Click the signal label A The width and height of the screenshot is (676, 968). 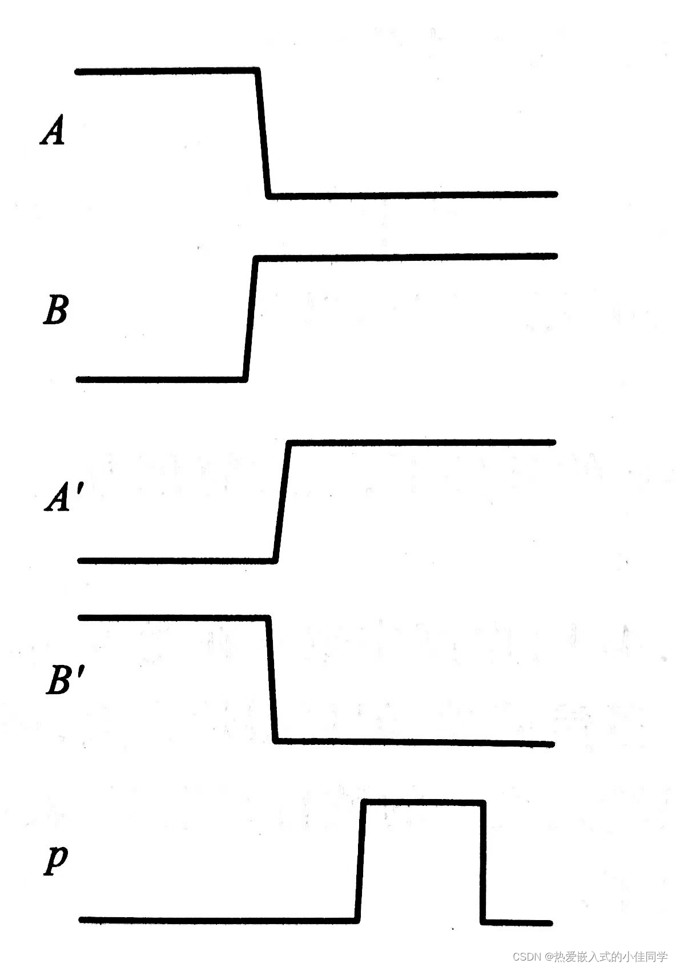(x=53, y=131)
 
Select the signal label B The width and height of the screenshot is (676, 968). (x=55, y=310)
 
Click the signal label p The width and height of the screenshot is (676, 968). (x=56, y=860)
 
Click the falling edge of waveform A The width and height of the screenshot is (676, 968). (x=263, y=132)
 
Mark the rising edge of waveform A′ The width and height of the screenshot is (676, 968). (x=282, y=501)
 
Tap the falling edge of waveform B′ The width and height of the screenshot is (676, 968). (x=272, y=679)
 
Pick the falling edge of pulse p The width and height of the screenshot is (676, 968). (x=484, y=862)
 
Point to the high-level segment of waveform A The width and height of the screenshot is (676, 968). (x=166, y=71)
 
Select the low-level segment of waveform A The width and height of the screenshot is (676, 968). (x=411, y=195)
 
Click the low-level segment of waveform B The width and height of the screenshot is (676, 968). (x=160, y=378)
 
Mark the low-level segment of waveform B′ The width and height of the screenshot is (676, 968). (x=414, y=742)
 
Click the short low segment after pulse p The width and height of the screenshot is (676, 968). (x=517, y=922)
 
